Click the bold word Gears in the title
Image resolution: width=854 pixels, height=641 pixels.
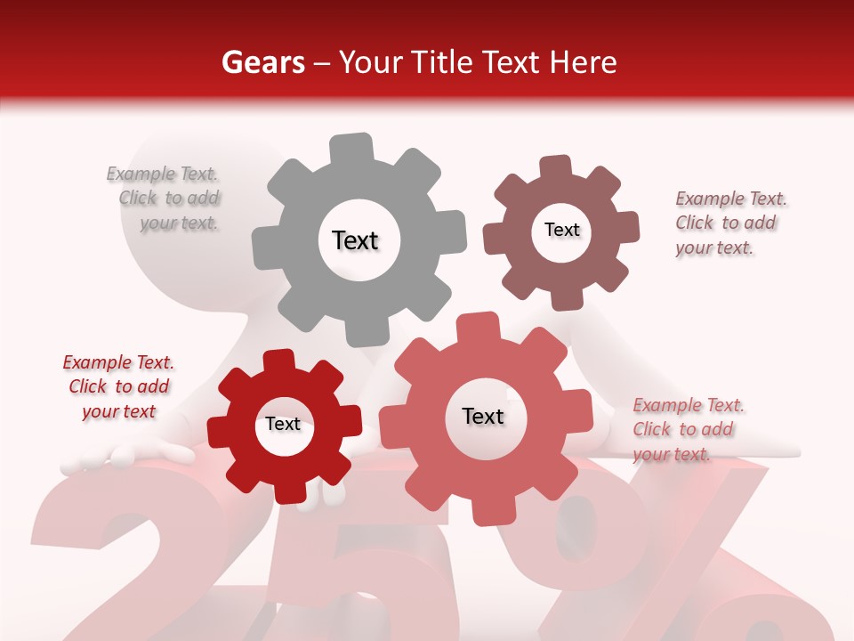262,62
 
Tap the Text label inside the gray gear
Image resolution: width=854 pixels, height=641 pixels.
355,240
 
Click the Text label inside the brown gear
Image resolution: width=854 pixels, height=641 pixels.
561,230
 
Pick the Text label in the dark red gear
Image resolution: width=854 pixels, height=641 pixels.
283,424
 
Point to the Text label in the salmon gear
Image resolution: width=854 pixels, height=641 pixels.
483,416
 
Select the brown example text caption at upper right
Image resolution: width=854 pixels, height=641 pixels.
729,223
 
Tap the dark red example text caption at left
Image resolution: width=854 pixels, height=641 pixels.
118,386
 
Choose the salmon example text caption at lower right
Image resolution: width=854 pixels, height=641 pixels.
687,429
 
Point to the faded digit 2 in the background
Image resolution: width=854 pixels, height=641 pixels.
142,570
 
